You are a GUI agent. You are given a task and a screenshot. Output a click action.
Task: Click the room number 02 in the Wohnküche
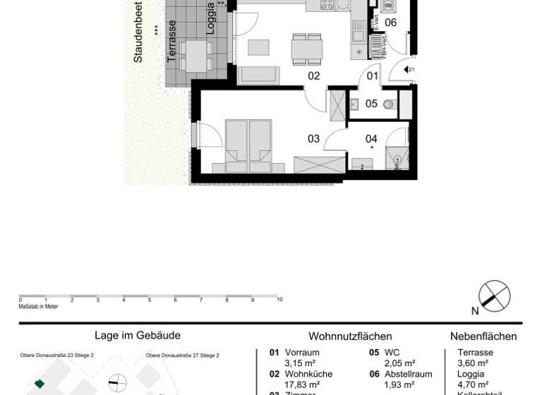pos(314,76)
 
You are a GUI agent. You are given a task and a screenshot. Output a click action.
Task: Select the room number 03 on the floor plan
pos(314,139)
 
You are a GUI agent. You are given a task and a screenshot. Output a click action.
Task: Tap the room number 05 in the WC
pos(371,104)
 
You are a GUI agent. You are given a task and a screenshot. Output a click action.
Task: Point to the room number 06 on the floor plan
pos(390,23)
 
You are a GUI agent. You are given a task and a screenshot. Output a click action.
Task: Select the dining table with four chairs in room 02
pos(307,48)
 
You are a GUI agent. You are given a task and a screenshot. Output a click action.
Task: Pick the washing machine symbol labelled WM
pos(387,6)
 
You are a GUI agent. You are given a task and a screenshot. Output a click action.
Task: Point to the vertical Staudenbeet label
pos(138,32)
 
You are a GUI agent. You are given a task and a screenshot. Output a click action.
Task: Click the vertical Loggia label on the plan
pos(210,19)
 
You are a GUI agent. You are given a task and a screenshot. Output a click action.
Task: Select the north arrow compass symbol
pos(494,296)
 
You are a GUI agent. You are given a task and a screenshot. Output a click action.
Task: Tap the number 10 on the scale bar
pos(279,300)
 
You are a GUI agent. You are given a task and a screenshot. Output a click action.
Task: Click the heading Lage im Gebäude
pos(138,336)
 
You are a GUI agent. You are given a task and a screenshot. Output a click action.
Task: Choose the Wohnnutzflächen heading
pos(350,336)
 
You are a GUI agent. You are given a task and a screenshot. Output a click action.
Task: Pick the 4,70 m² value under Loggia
pos(473,384)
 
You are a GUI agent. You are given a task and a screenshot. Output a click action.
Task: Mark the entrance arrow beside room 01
pos(410,69)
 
